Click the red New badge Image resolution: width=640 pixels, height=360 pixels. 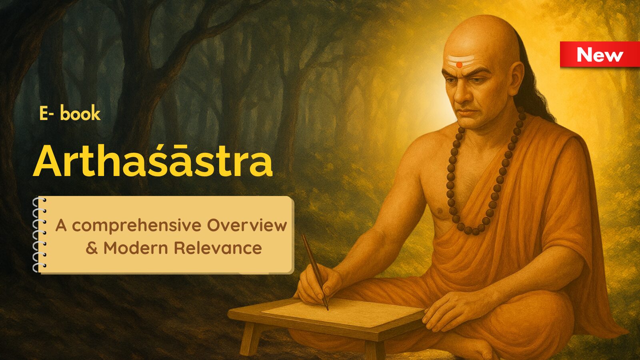600,54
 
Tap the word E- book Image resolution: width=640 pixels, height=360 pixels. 70,114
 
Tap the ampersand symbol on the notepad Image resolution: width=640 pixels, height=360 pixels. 92,248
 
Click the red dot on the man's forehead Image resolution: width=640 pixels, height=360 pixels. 459,65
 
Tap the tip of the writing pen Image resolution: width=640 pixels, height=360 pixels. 328,310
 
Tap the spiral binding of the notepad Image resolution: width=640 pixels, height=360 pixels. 39,234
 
